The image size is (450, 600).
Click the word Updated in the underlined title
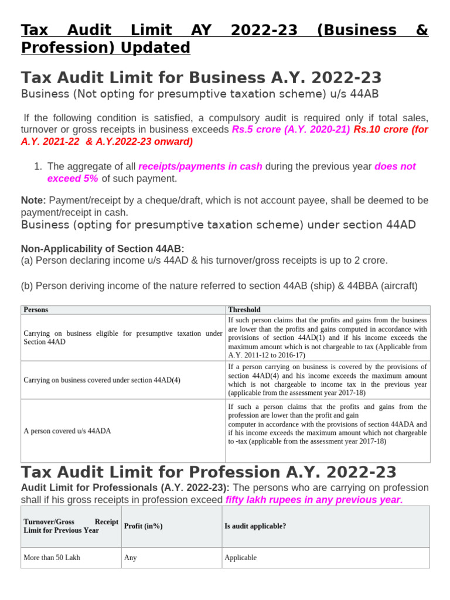point(155,47)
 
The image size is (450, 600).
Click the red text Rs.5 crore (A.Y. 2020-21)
point(291,129)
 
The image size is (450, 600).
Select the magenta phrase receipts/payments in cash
point(200,166)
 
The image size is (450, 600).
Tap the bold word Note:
point(33,200)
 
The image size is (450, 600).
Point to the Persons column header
point(36,309)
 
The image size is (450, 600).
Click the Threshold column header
point(244,309)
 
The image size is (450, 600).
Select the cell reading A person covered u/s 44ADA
point(67,431)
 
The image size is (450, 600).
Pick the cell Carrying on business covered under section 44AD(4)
point(102,380)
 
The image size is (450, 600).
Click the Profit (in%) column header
point(144,526)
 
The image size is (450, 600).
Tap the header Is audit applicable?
point(255,526)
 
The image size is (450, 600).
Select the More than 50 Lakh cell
point(52,558)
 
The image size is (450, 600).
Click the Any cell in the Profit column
point(131,558)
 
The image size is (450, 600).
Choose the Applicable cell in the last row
point(241,558)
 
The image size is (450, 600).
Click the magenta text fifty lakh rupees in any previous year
point(314,500)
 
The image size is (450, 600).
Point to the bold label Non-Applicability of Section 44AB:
point(103,248)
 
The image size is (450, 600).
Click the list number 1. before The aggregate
point(39,166)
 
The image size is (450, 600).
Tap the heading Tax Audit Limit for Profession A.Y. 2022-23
point(209,472)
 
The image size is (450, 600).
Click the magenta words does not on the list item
point(395,166)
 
